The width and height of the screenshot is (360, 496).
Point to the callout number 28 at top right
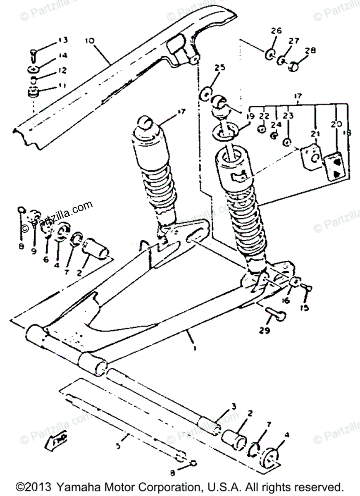point(310,51)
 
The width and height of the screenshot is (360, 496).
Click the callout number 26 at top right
point(276,31)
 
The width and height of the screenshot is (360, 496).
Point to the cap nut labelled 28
point(295,65)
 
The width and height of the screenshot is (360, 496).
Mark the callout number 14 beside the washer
point(63,55)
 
